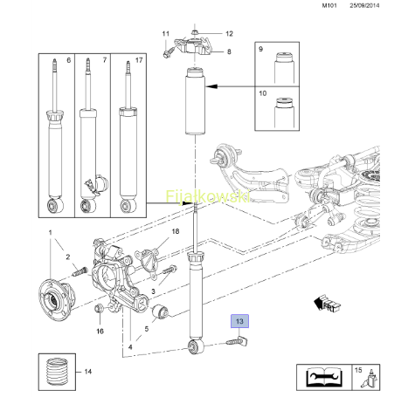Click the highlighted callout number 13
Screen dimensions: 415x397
pyautogui.click(x=239, y=321)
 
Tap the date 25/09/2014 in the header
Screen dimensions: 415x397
pyautogui.click(x=364, y=5)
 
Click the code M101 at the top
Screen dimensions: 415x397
pyautogui.click(x=329, y=5)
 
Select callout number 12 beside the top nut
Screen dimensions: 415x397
pyautogui.click(x=229, y=34)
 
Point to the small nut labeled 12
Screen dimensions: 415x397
pyautogui.click(x=195, y=32)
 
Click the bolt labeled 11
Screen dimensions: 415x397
pyautogui.click(x=169, y=53)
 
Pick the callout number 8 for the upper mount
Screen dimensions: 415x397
pyautogui.click(x=229, y=51)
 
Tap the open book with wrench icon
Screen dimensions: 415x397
pyautogui.click(x=324, y=377)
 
